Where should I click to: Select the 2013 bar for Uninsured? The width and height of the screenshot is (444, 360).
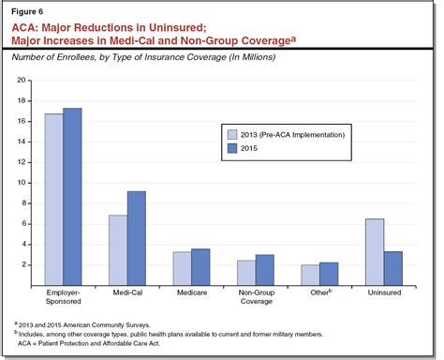coord(373,251)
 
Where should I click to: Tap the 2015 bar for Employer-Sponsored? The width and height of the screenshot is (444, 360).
coord(72,196)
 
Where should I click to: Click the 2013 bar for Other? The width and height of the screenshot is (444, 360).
coord(309,274)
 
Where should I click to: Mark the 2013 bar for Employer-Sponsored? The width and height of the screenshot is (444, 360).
coord(53,199)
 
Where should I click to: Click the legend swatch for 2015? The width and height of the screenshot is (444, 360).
coord(231,148)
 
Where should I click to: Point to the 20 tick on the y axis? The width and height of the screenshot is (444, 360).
coord(23,81)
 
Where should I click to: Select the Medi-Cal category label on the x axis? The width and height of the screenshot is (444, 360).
coord(127,293)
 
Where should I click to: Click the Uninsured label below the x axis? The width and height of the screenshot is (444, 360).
coord(383,293)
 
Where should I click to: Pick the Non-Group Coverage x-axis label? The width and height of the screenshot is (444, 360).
coord(255,298)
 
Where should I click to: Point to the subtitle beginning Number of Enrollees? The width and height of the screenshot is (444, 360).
coord(158,60)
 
